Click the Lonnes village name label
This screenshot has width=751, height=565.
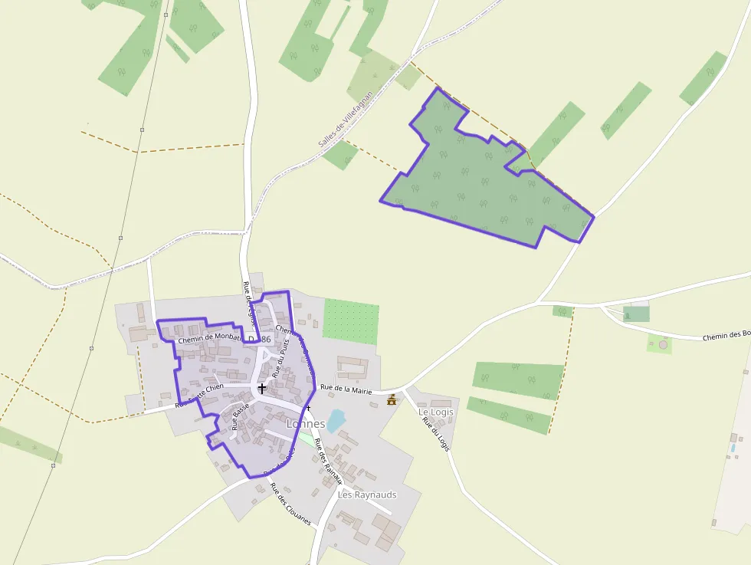(305, 423)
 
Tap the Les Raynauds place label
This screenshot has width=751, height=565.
(367, 494)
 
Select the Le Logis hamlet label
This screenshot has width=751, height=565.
(436, 412)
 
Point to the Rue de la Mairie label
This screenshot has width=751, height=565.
(346, 389)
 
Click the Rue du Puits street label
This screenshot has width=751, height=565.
(282, 358)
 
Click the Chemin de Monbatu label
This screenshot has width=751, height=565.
(208, 338)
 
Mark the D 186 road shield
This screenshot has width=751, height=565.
(259, 339)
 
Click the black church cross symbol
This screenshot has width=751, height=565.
(262, 388)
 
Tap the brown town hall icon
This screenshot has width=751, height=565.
(392, 399)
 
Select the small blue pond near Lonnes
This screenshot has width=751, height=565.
(336, 421)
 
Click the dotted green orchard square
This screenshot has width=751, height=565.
(351, 321)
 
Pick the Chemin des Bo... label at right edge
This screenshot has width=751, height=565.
(726, 336)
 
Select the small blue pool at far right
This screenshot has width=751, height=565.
(733, 447)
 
